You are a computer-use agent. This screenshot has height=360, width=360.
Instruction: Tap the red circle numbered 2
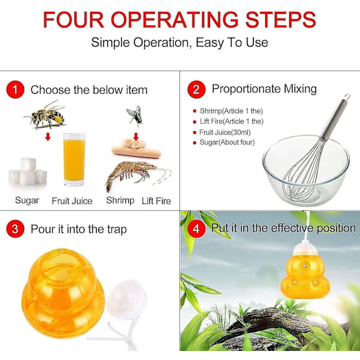(196, 89)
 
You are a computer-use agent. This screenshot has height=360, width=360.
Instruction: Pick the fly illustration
(135, 115)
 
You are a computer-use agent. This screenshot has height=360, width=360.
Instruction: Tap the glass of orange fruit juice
(74, 159)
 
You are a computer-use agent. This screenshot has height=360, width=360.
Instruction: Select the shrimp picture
(133, 174)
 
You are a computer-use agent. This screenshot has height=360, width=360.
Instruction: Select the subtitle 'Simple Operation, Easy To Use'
(179, 43)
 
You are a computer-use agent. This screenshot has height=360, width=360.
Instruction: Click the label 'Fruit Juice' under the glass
(72, 201)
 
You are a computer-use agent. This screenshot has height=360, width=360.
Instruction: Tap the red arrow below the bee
(47, 138)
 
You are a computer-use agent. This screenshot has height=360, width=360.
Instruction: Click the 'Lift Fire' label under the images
(156, 201)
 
